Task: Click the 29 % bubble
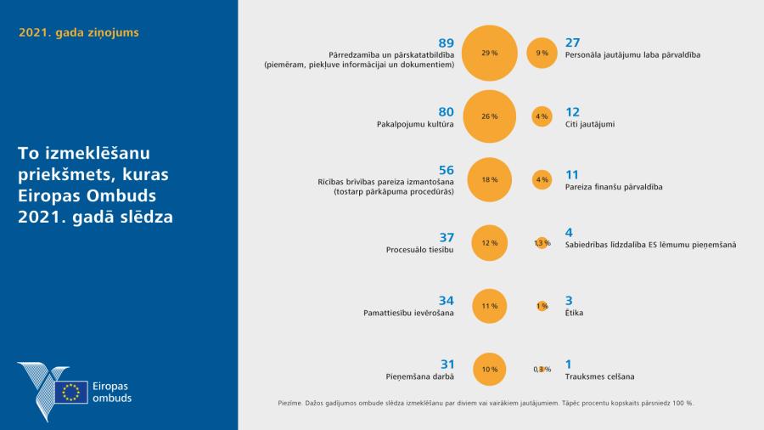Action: pos(489,53)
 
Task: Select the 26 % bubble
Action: pos(489,116)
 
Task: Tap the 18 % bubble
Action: pos(490,180)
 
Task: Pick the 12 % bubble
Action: pos(489,243)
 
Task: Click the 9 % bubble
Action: pos(542,53)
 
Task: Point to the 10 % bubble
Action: pos(489,369)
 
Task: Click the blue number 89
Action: pos(446,42)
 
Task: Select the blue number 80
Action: pos(446,111)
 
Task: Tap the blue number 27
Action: pos(572,42)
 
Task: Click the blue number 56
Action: pos(446,170)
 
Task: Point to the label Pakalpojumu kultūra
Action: pos(415,124)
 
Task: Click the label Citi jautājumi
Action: pos(589,124)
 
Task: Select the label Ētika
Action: pos(574,313)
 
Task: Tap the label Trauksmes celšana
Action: pos(599,376)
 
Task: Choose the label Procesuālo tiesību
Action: pos(420,250)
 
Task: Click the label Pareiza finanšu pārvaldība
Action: pos(613,186)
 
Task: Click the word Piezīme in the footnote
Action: pos(291,402)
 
